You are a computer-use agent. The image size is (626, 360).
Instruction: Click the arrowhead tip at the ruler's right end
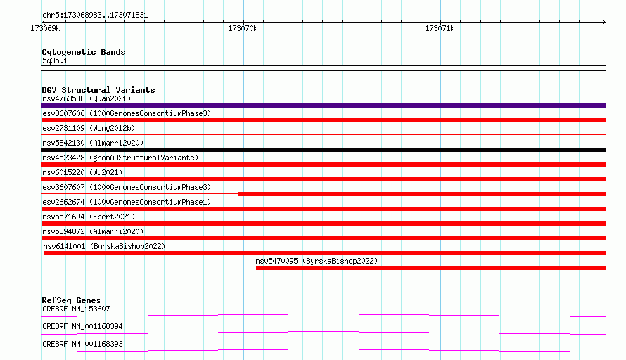(606, 22)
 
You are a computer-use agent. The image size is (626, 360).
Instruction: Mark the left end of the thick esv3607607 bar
(238, 194)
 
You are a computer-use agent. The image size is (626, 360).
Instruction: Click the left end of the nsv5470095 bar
(256, 268)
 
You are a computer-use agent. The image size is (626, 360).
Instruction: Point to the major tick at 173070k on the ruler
(243, 22)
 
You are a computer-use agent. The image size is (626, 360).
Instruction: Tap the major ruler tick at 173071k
(441, 22)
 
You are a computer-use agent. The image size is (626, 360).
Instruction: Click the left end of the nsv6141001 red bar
(44, 253)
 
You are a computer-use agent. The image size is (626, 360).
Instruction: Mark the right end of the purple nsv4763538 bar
(606, 105)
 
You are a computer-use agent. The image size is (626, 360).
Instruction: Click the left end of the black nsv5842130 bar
(41, 150)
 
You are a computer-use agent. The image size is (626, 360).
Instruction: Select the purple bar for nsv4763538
(324, 105)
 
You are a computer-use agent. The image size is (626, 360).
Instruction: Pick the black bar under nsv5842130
(324, 150)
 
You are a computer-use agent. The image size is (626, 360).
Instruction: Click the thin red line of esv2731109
(324, 135)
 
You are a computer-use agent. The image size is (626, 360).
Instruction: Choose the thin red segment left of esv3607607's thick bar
(140, 194)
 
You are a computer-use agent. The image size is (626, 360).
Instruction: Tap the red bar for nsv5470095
(431, 268)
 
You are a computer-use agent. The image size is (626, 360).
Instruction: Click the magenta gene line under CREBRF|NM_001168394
(324, 333)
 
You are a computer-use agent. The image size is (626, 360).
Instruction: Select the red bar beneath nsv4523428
(324, 165)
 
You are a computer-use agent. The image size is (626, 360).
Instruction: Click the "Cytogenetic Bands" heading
(84, 52)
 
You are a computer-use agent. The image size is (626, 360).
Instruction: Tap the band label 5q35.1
(55, 60)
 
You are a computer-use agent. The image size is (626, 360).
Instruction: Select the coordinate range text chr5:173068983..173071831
(95, 15)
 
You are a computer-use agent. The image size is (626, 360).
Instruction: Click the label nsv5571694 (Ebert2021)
(89, 217)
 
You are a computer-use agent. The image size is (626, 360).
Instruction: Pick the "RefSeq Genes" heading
(71, 300)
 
